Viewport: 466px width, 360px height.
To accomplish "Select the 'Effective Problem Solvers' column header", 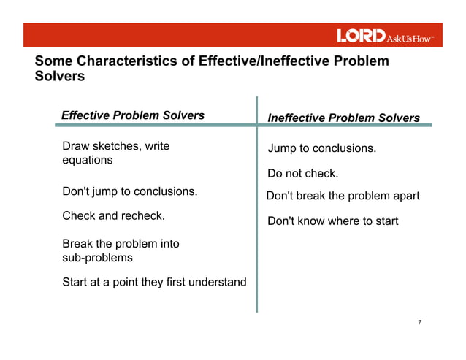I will [x=133, y=115].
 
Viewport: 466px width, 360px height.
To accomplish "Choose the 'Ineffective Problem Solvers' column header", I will [x=343, y=118].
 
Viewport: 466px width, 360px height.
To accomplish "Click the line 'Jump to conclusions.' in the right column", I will [x=322, y=149].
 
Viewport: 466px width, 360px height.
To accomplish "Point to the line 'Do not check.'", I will [x=303, y=174].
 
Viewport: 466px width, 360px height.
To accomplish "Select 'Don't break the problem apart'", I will [x=343, y=196].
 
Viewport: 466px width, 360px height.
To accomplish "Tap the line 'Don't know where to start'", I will [x=333, y=221].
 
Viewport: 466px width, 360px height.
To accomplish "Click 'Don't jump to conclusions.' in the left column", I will [x=130, y=191].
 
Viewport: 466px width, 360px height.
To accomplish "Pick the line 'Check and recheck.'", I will [x=113, y=215].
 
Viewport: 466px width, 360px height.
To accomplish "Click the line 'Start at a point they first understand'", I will [x=154, y=282].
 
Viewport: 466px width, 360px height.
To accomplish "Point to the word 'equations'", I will [x=88, y=160].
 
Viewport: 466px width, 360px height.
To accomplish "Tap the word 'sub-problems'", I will [x=98, y=258].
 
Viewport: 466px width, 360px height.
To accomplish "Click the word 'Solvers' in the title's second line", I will [x=60, y=76].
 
